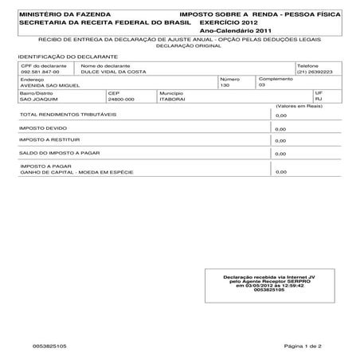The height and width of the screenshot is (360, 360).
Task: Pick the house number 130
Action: pyautogui.click(x=225, y=84)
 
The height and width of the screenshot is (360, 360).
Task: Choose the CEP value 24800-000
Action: pyautogui.click(x=121, y=98)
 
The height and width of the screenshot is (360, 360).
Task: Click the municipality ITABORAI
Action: pyautogui.click(x=173, y=98)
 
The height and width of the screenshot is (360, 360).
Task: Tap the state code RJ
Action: pyautogui.click(x=319, y=98)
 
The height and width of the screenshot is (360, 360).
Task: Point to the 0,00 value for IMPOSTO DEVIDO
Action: pyautogui.click(x=280, y=127)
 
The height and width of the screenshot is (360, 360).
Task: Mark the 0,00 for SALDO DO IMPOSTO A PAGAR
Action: pyautogui.click(x=280, y=153)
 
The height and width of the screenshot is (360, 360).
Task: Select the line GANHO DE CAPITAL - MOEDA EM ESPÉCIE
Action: pyautogui.click(x=76, y=172)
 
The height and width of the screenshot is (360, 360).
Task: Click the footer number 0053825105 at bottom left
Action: pyautogui.click(x=50, y=346)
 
